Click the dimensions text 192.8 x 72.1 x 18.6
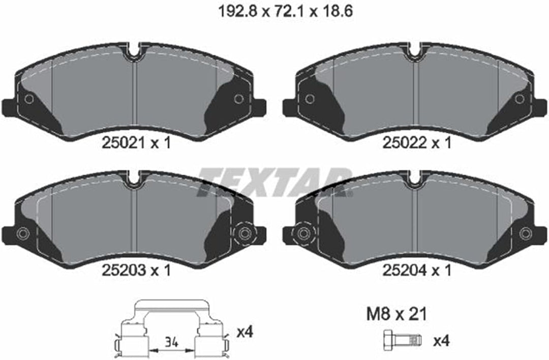285,12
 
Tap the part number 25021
123,143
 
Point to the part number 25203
123,270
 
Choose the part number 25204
404,270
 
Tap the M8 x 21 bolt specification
396,314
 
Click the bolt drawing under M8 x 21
403,340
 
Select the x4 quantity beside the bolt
441,340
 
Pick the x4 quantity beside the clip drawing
245,332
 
